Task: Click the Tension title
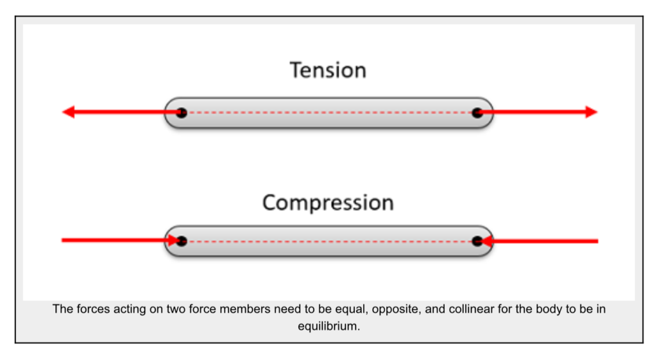(328, 70)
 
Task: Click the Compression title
(328, 203)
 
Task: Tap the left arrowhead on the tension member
(69, 112)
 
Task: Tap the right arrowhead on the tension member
(591, 112)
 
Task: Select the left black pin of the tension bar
(182, 113)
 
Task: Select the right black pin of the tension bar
(477, 113)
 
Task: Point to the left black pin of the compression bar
(182, 241)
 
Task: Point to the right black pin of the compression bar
(477, 241)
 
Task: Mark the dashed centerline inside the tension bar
(328, 113)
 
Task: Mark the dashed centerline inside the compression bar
(328, 241)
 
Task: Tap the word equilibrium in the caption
(328, 325)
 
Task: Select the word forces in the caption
(88, 309)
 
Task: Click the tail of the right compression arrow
(595, 241)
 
